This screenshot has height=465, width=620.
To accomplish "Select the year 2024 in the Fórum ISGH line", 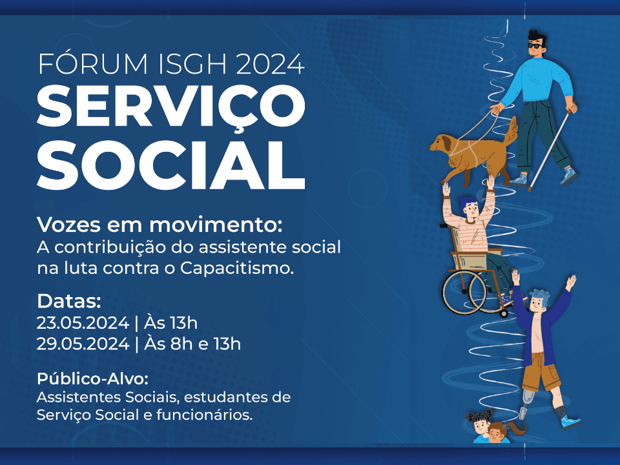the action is (270, 63).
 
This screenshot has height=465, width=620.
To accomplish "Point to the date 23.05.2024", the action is (83, 323).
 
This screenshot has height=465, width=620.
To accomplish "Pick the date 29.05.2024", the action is (83, 344).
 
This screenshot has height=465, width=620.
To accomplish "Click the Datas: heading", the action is (69, 302).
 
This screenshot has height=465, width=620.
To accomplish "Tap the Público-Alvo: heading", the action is (92, 379).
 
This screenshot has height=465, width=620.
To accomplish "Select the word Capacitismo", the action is (237, 269).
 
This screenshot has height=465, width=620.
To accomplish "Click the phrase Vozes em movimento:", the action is (160, 225).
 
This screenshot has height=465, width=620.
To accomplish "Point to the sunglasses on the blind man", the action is (536, 46).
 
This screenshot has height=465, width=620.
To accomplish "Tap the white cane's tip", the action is (530, 190).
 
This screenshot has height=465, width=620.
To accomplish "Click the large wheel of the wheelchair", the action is (464, 292).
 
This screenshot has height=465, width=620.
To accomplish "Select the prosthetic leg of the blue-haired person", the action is (525, 408).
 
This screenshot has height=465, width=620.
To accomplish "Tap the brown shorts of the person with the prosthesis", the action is (542, 372).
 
